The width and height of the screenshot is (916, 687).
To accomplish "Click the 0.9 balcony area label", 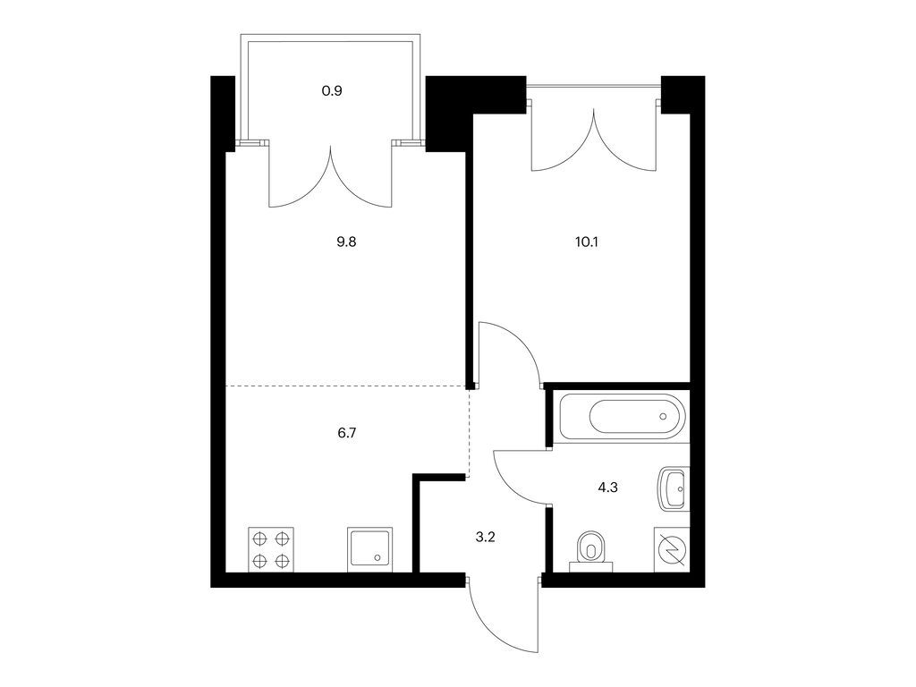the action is [x=332, y=91].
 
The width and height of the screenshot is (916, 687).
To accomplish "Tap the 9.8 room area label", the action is [x=346, y=242].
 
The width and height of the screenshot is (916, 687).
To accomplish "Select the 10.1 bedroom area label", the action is [x=587, y=242].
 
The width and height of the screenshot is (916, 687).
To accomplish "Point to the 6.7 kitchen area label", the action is [x=346, y=433].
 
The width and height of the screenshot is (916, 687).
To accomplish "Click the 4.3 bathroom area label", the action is [x=607, y=488].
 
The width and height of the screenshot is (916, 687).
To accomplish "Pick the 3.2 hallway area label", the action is [x=485, y=538].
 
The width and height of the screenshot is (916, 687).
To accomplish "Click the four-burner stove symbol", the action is [x=271, y=550].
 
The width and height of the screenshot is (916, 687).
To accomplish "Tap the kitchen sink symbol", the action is [x=369, y=550].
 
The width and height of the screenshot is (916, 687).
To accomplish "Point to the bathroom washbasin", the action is [x=674, y=489].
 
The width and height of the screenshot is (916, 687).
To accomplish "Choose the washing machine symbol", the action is [x=672, y=550].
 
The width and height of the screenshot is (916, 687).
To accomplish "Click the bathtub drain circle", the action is [x=663, y=417].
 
